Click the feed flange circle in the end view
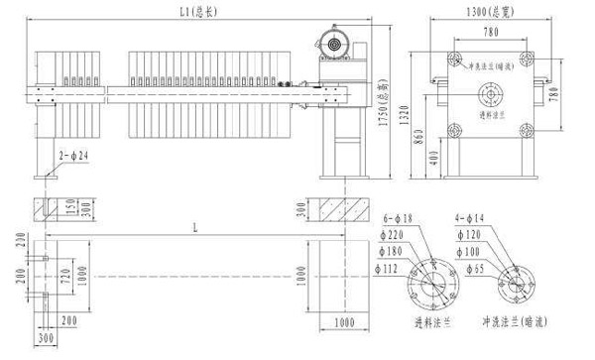point(490,94)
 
